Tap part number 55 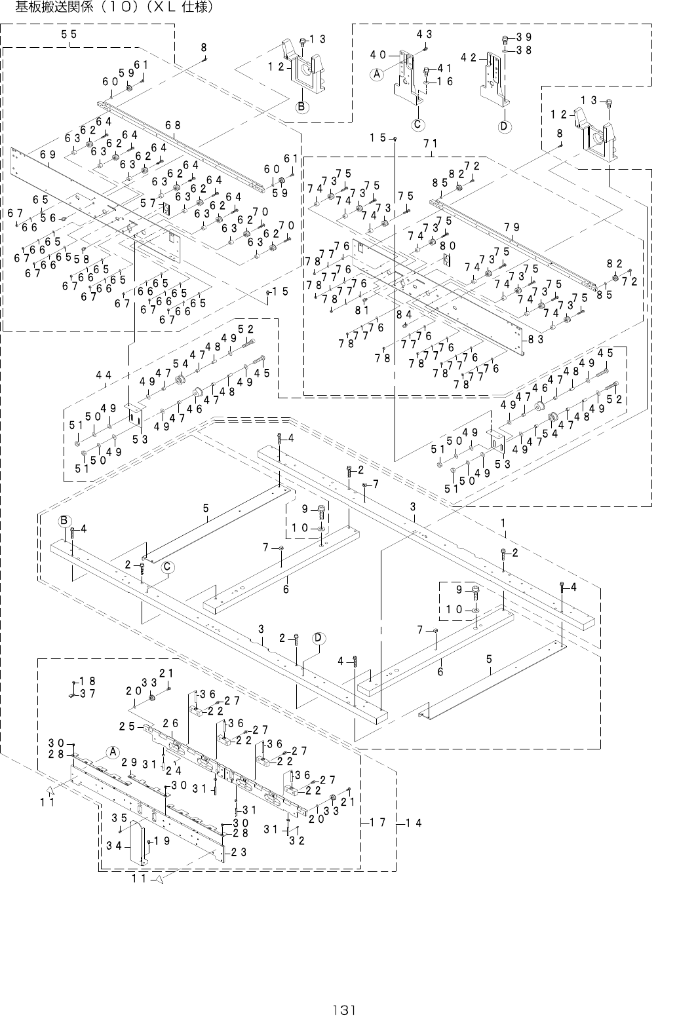pyautogui.click(x=69, y=35)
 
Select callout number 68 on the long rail pyautogui.click(x=173, y=125)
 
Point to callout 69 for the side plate pyautogui.click(x=47, y=155)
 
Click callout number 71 pyautogui.click(x=431, y=143)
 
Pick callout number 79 pyautogui.click(x=513, y=227)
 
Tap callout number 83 pyautogui.click(x=536, y=339)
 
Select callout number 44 pyautogui.click(x=103, y=375)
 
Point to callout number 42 pyautogui.click(x=468, y=57)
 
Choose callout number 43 pyautogui.click(x=423, y=33)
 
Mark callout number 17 pyautogui.click(x=376, y=821)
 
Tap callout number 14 pyautogui.click(x=413, y=822)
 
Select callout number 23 pyautogui.click(x=239, y=852)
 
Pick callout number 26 pyautogui.click(x=170, y=723)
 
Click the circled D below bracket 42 pyautogui.click(x=503, y=126)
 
